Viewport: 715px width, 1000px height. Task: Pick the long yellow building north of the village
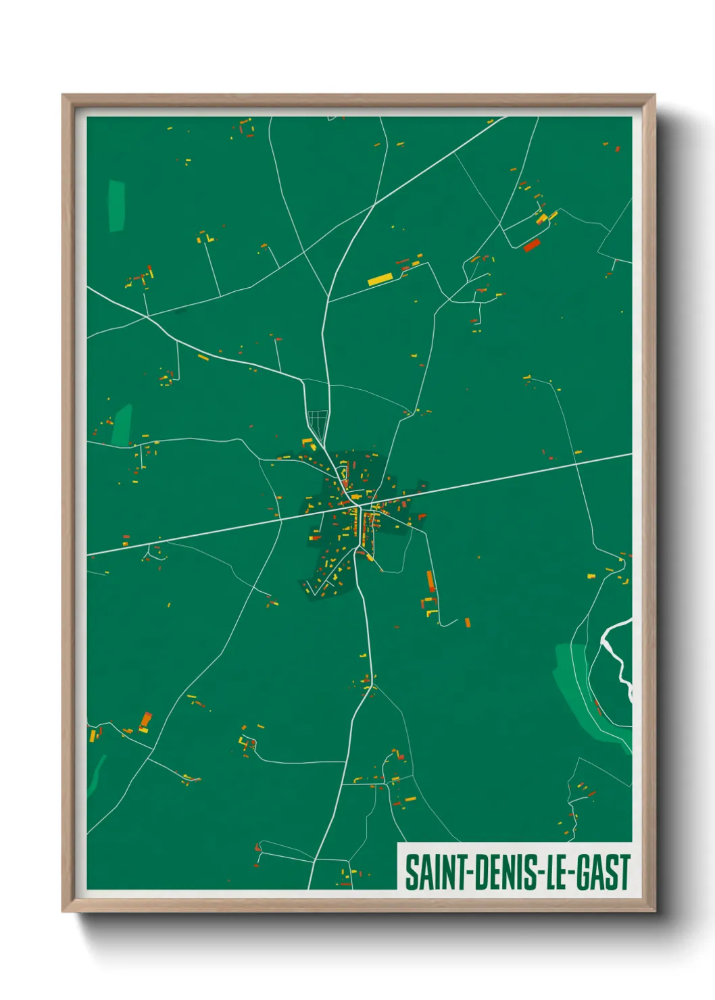[380, 278]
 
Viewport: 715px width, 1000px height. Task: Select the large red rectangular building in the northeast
[532, 245]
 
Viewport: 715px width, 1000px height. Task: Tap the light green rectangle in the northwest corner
[117, 205]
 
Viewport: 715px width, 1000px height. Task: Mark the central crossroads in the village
[358, 503]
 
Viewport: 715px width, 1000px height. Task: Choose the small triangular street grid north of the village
[318, 422]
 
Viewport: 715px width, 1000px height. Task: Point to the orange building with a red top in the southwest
[145, 721]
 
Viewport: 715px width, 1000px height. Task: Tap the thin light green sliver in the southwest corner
[97, 774]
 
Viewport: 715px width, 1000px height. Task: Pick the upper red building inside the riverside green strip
[597, 705]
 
